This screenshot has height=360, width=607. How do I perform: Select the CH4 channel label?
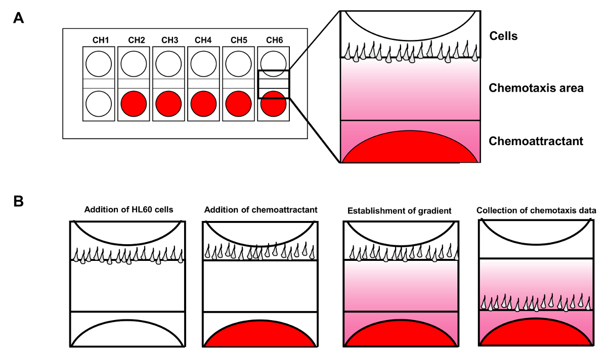(x=203, y=40)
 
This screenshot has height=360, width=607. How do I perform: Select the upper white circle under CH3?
(x=168, y=64)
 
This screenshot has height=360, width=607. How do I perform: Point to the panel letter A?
(x=18, y=18)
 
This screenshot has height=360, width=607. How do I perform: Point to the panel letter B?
(x=18, y=201)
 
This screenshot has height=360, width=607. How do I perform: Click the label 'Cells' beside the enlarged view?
(x=503, y=36)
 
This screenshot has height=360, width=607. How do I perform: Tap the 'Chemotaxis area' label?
(x=536, y=88)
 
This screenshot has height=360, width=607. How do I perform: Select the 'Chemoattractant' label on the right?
(x=536, y=141)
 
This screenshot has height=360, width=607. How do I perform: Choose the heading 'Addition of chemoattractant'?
(x=261, y=210)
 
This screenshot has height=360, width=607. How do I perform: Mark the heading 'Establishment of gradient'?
(x=399, y=211)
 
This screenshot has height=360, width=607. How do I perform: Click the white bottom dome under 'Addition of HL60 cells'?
(x=126, y=335)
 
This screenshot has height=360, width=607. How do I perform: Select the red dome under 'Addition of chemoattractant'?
(x=261, y=335)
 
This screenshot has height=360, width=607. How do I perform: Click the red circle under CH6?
(x=274, y=104)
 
